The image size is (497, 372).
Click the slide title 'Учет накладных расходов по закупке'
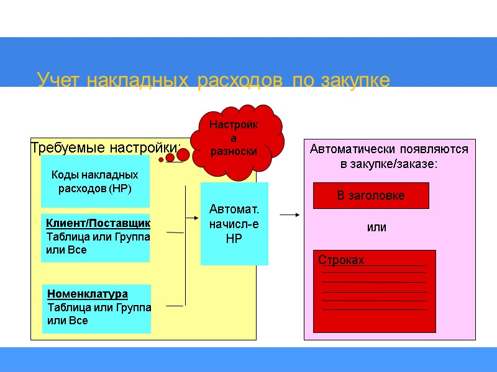tap(213, 81)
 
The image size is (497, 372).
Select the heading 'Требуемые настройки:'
tap(106, 148)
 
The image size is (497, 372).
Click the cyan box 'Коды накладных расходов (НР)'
tap(95, 181)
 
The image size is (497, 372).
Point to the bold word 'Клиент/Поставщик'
tap(98, 223)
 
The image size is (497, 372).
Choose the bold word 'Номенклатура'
tap(88, 293)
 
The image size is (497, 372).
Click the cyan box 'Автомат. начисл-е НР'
tap(234, 224)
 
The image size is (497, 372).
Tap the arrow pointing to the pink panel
tap(290, 215)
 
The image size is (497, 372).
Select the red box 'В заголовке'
tap(371, 195)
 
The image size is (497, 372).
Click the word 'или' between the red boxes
tap(376, 228)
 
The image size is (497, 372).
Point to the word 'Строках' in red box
tap(341, 260)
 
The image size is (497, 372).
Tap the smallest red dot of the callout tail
tap(161, 159)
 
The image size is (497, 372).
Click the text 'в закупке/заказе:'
tap(389, 164)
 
